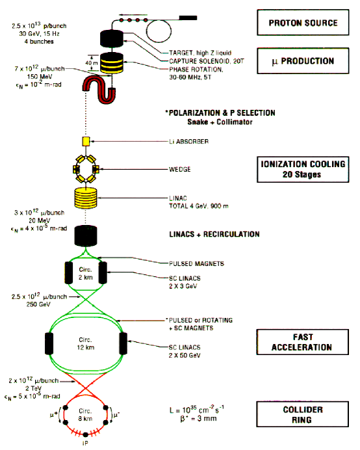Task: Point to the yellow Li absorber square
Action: coord(84,141)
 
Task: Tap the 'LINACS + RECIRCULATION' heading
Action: coord(212,234)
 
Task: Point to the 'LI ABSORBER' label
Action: coord(185,141)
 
